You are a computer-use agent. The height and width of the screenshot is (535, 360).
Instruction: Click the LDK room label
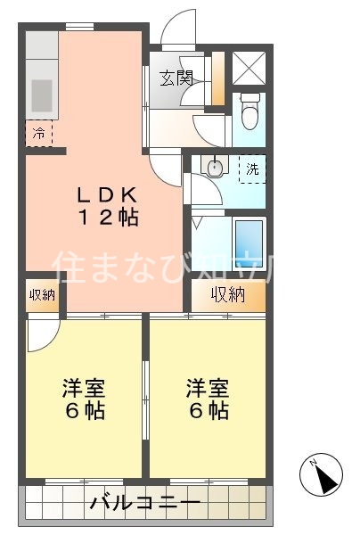(x=106, y=193)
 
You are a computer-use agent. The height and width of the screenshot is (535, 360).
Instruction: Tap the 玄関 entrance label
(x=177, y=78)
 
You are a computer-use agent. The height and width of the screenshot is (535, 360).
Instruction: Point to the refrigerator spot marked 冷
(x=38, y=134)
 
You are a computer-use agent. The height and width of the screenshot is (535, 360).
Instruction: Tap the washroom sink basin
(x=214, y=167)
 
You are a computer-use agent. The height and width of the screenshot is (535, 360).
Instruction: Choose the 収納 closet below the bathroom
(x=227, y=295)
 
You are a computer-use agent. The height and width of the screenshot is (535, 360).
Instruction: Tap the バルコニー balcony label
(x=144, y=504)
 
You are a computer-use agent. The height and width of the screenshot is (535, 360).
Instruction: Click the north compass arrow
(x=324, y=477)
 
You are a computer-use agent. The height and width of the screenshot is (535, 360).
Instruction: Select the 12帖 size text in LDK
(x=106, y=217)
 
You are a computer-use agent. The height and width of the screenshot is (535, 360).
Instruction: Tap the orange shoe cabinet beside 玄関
(x=217, y=80)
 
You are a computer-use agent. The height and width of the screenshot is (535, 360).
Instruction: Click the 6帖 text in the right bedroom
(x=208, y=411)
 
